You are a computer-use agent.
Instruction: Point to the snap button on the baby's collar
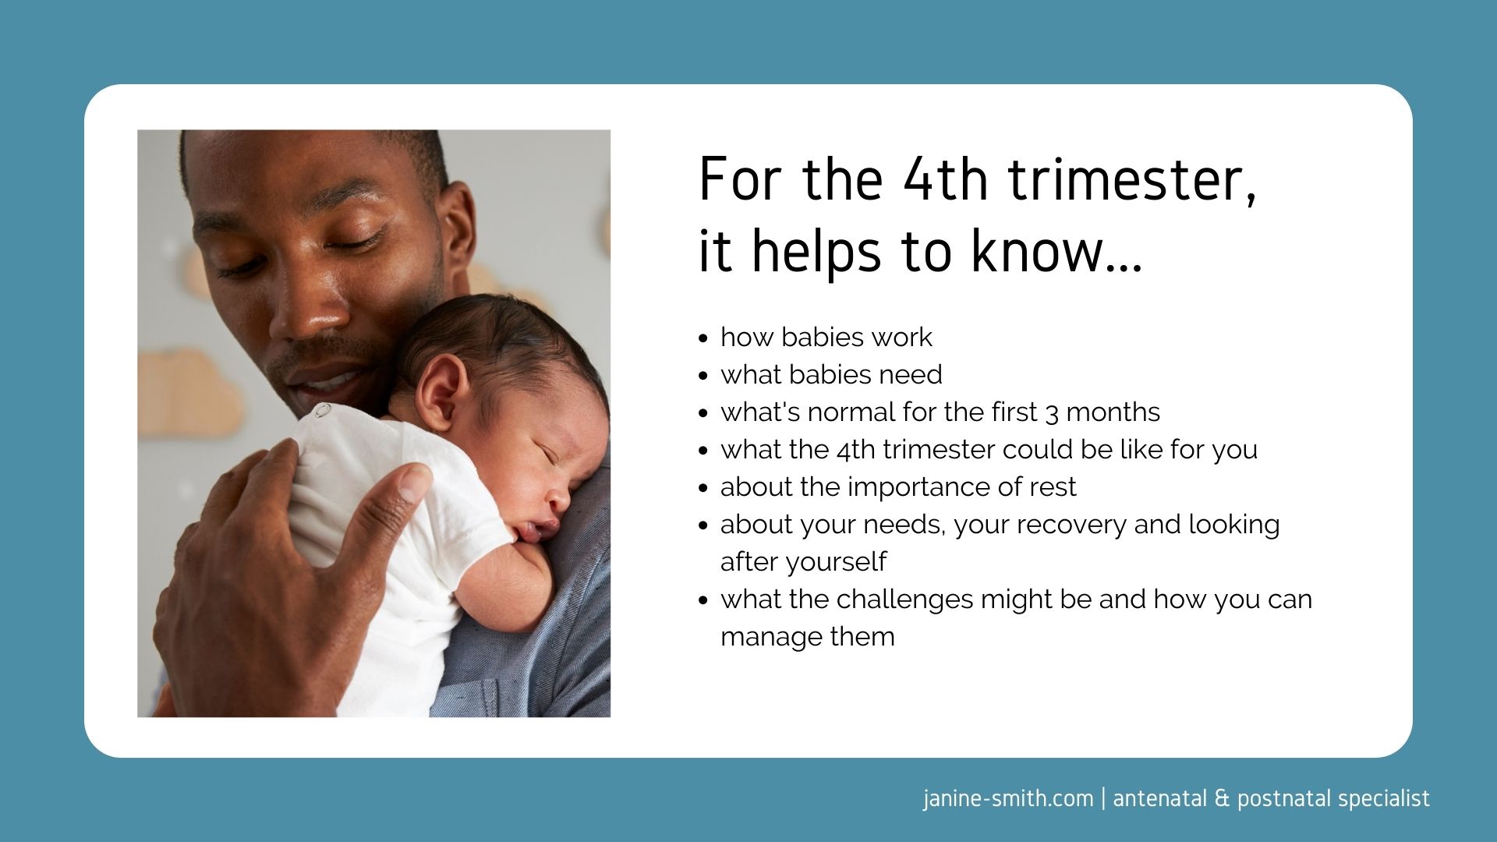coord(322,411)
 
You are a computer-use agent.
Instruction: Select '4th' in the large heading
coord(946,179)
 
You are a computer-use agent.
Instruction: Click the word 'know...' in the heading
coord(1056,251)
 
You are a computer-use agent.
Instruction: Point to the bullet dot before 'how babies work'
coord(703,339)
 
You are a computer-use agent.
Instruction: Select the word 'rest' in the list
coord(1053,487)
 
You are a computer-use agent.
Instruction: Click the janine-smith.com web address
coord(1008,799)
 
